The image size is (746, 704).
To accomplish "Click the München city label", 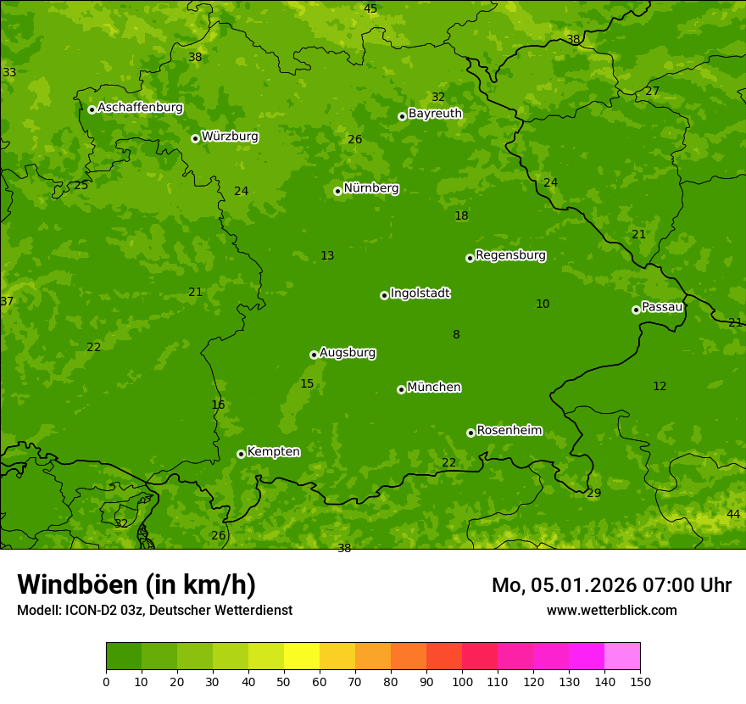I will pyautogui.click(x=433, y=388).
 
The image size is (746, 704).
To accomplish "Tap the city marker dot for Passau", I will pyautogui.click(x=636, y=310).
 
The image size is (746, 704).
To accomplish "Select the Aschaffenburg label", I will pyautogui.click(x=140, y=108).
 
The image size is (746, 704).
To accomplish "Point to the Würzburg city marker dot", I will pyautogui.click(x=195, y=138).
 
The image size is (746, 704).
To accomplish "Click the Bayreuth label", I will pyautogui.click(x=435, y=114).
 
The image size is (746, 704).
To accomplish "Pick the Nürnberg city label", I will pyautogui.click(x=370, y=188).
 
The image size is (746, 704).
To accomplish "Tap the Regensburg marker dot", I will pyautogui.click(x=470, y=258).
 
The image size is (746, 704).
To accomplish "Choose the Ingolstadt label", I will pyautogui.click(x=420, y=293).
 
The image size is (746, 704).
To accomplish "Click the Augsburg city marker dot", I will pyautogui.click(x=314, y=355).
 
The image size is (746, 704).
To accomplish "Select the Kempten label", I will pyautogui.click(x=273, y=452).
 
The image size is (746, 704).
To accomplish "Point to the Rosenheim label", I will pyautogui.click(x=509, y=431).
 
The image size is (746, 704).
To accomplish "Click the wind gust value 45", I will pyautogui.click(x=370, y=8).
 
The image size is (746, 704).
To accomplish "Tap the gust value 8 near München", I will pyautogui.click(x=456, y=335).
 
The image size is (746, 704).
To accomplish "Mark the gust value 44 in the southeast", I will pyautogui.click(x=733, y=515).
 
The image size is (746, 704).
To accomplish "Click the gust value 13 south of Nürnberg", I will pyautogui.click(x=327, y=256).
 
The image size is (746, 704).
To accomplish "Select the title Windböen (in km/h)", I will pyautogui.click(x=136, y=584).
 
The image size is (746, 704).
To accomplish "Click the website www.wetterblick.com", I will pyautogui.click(x=611, y=610).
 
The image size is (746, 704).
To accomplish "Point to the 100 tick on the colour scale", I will pyautogui.click(x=462, y=681).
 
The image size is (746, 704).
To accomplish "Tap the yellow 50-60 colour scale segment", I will pyautogui.click(x=302, y=657).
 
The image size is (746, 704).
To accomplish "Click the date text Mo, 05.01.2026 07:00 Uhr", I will pyautogui.click(x=611, y=585).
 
